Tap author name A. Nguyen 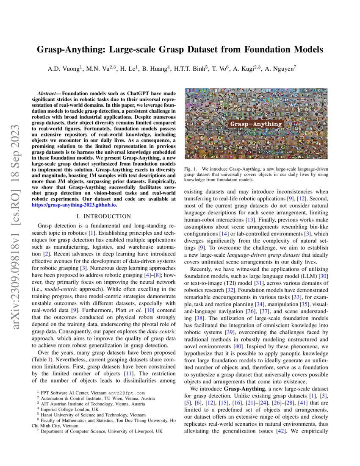pos(279,68)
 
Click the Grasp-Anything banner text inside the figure pos(255,124)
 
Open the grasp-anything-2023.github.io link pos(74,204)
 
